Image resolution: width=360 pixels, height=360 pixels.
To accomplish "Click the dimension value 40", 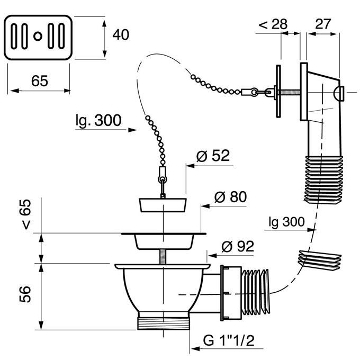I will tap(121, 34).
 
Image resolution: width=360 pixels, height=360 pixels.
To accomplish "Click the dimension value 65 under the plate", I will tap(40, 81).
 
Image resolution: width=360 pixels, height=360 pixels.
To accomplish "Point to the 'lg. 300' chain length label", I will tap(98, 121).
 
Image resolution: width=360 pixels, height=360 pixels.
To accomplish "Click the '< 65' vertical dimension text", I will tap(25, 214).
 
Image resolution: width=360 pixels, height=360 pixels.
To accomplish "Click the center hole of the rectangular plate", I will tap(38, 36).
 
